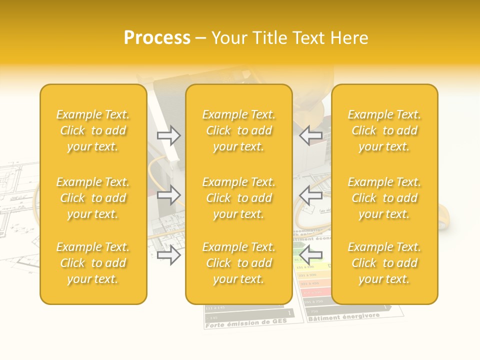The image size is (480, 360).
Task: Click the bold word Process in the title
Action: (157, 38)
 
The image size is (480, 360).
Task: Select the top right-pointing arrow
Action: (169, 135)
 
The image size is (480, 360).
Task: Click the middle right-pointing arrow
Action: (169, 195)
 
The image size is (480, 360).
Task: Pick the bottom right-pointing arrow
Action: (169, 255)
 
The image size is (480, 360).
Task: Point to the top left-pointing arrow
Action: (310, 135)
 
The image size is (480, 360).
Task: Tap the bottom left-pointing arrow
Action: (310, 255)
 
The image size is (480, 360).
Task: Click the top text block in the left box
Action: (93, 130)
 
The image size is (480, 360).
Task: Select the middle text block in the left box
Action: (93, 198)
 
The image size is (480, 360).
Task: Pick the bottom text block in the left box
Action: (93, 263)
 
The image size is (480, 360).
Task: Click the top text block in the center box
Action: (238, 130)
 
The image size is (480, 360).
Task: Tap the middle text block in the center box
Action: (238, 198)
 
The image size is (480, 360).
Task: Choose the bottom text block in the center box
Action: (238, 263)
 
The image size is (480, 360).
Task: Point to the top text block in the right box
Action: (384, 130)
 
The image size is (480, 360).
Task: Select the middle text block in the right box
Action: (384, 198)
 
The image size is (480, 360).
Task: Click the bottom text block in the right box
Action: (384, 263)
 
